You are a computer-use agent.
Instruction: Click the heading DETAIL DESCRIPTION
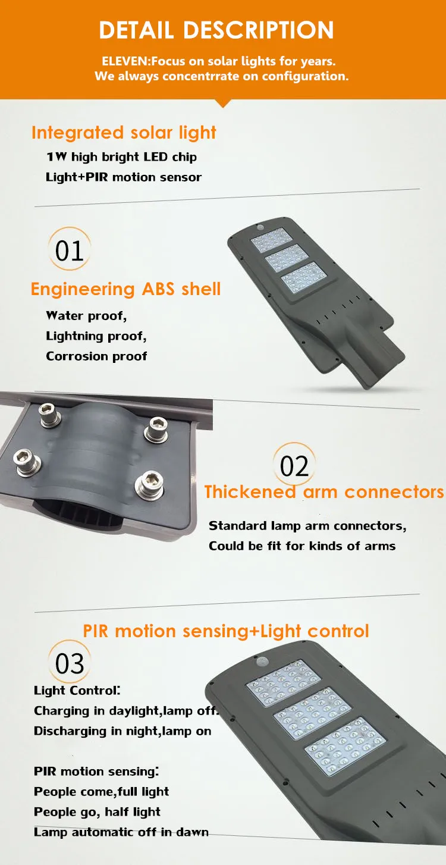click(216, 30)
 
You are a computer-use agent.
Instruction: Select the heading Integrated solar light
click(124, 133)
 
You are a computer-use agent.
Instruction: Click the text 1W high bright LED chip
click(122, 157)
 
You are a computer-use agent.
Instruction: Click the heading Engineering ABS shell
click(126, 289)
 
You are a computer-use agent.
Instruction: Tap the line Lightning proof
click(96, 336)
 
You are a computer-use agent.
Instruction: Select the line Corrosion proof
click(96, 356)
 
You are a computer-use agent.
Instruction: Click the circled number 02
click(294, 465)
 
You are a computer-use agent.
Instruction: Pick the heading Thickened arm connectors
click(324, 491)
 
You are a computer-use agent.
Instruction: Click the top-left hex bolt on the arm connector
click(50, 415)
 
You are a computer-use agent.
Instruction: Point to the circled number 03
click(70, 663)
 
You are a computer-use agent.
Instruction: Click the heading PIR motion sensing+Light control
click(227, 631)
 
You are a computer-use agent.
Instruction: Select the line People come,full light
click(102, 791)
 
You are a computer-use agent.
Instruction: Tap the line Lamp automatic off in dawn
click(121, 832)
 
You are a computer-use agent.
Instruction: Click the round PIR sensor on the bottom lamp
click(265, 662)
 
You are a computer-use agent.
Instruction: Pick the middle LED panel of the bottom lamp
click(312, 713)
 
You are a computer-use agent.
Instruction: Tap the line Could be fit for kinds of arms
click(302, 546)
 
